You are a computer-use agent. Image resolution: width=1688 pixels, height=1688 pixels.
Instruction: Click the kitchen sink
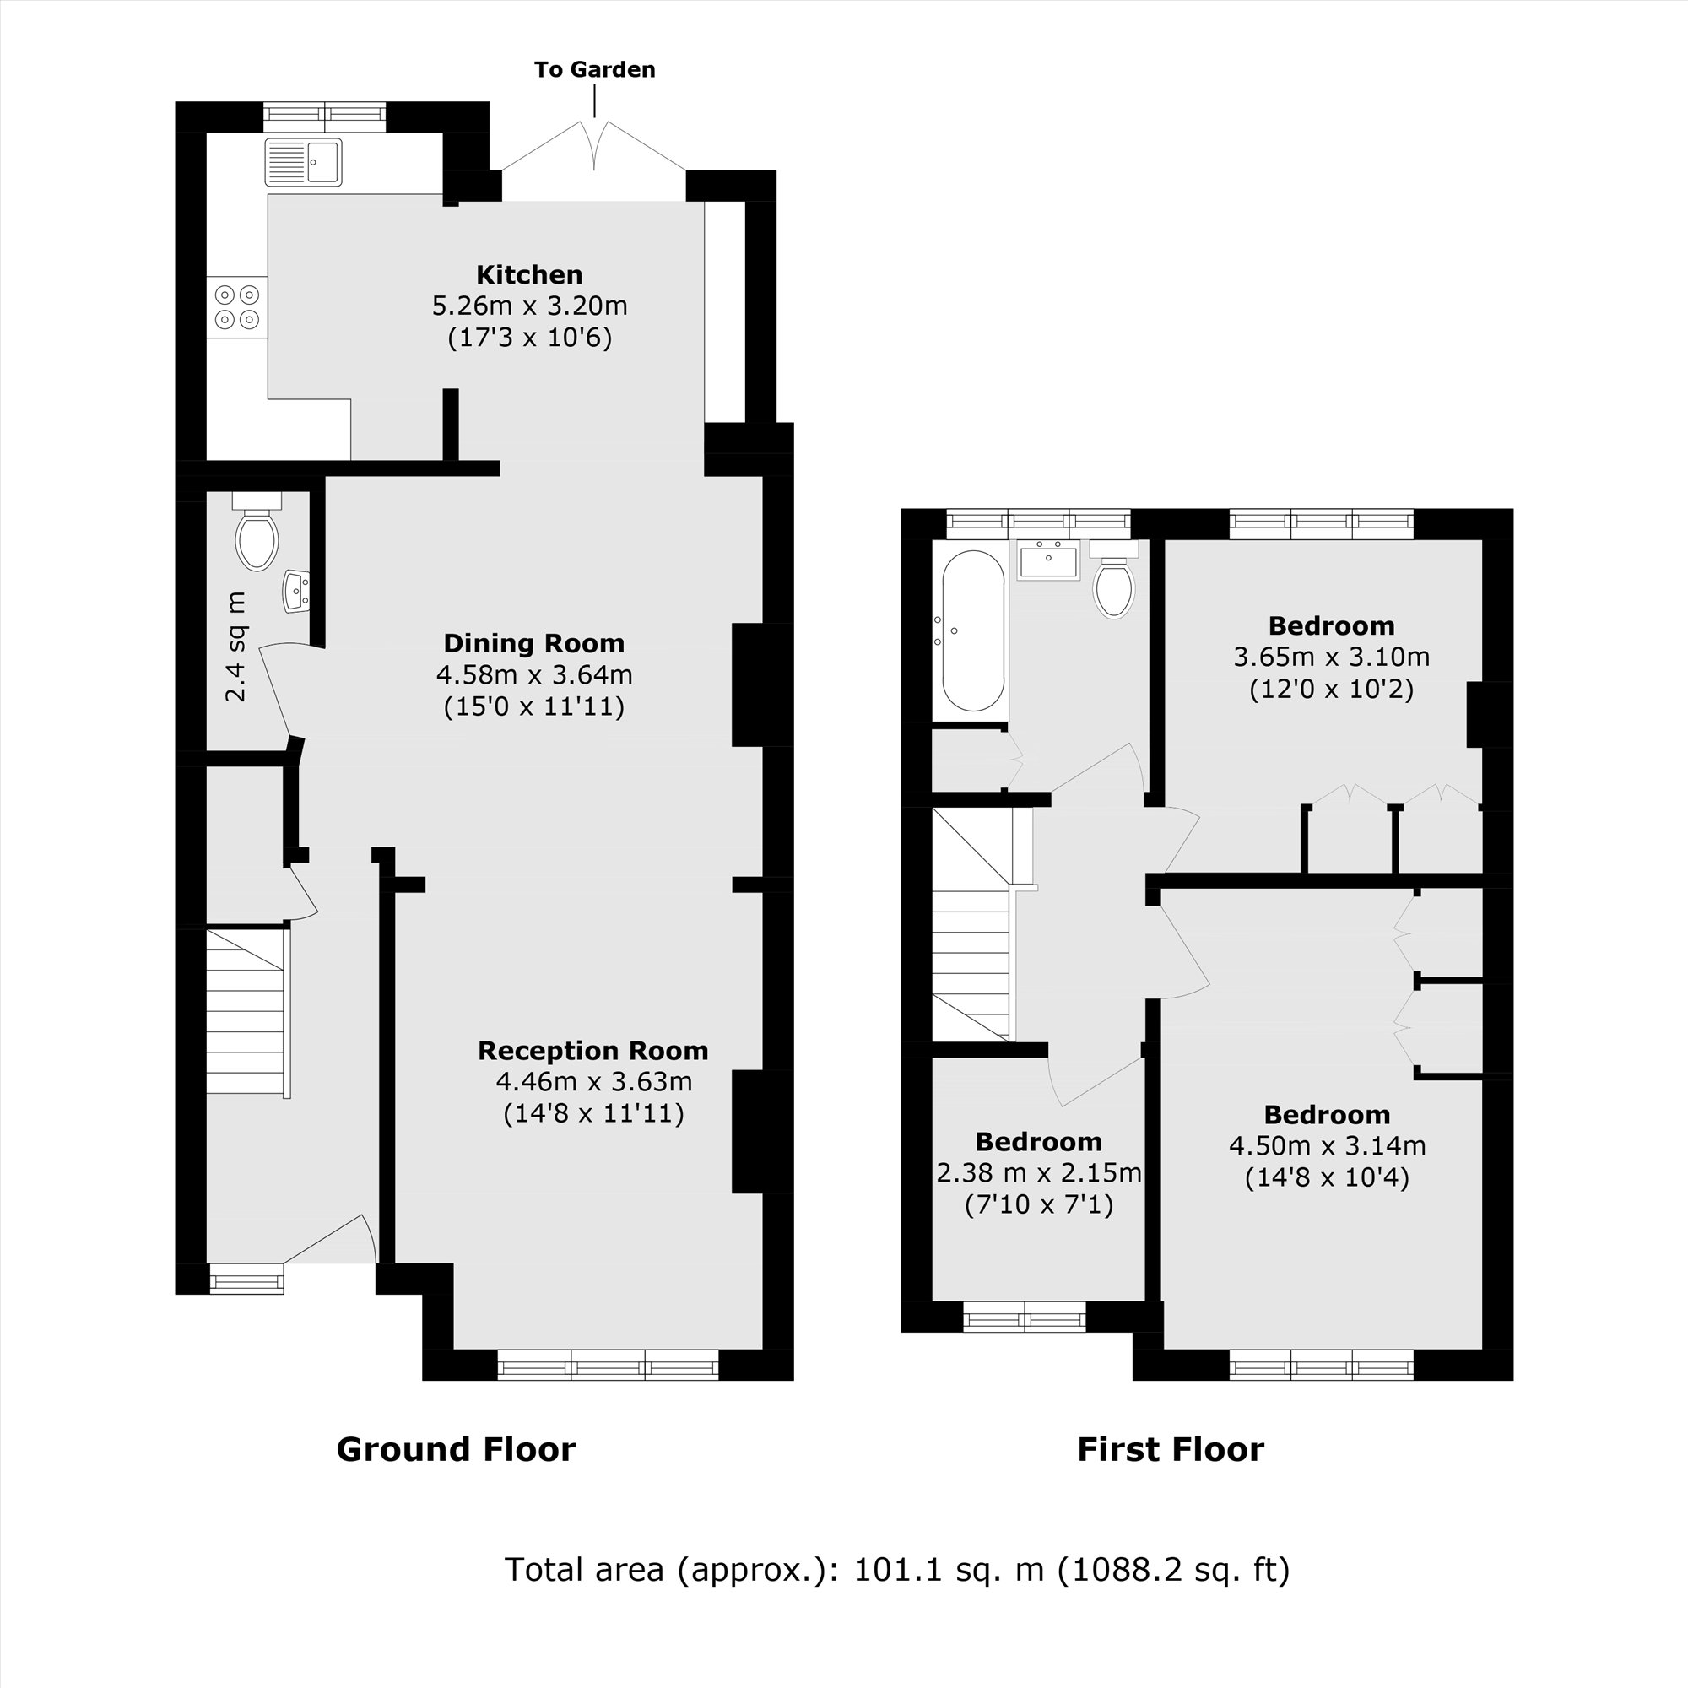[303, 162]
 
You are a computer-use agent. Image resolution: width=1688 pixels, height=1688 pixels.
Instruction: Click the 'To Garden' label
[594, 70]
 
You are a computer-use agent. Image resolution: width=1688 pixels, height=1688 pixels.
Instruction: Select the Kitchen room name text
[528, 274]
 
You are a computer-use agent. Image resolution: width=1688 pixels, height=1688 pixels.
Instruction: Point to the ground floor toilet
[257, 535]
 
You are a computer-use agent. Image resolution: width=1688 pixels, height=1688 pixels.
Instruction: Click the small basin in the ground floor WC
[296, 592]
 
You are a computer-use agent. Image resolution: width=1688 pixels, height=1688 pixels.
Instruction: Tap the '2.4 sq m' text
[236, 647]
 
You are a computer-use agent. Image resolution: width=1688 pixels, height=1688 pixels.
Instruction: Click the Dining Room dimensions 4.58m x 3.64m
[534, 674]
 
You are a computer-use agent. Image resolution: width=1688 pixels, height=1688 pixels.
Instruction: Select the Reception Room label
[592, 1050]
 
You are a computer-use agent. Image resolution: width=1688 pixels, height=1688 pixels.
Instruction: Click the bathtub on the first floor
[972, 630]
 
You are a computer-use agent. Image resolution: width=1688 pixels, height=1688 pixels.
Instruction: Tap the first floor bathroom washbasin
[1047, 560]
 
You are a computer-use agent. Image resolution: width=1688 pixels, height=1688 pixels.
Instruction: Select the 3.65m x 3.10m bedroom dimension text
[1331, 657]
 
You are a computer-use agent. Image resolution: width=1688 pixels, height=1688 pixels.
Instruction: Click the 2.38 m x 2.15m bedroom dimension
[1038, 1172]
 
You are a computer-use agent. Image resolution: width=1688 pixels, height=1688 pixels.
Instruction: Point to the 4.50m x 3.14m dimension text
[1326, 1145]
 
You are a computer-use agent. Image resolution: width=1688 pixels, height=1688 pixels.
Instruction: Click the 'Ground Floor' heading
[455, 1449]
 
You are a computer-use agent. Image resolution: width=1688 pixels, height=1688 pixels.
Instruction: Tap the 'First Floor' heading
[1170, 1449]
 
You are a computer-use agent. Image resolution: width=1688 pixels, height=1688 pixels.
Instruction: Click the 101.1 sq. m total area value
[948, 1570]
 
